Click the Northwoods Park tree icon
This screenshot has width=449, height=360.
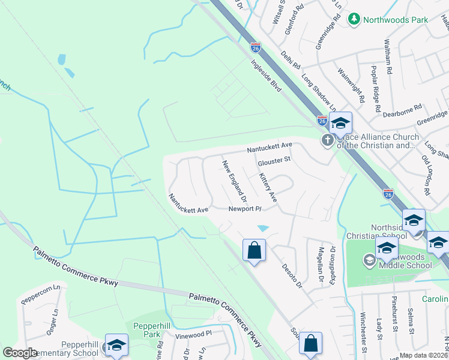[355, 20]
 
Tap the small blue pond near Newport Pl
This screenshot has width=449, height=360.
[263, 228]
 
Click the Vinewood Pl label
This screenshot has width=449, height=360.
[193, 333]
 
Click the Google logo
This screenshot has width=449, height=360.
[20, 353]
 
